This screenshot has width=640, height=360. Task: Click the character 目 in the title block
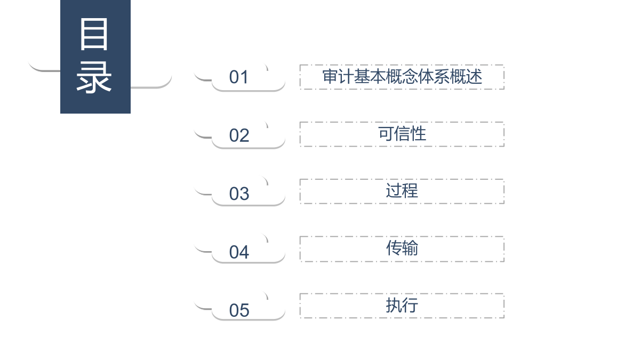tap(94, 34)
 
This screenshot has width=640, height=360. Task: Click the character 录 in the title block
tap(94, 77)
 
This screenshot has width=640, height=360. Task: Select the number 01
tap(238, 77)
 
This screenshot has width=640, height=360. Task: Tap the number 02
tap(239, 135)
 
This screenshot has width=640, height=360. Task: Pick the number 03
tap(239, 194)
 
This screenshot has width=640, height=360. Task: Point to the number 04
tap(239, 252)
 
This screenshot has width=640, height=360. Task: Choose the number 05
tap(239, 310)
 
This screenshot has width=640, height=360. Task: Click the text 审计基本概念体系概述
tap(402, 77)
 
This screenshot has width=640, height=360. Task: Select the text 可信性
tap(402, 133)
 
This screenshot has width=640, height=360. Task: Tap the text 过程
tap(402, 190)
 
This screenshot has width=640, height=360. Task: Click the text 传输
tap(402, 247)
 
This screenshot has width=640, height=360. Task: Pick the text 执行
tap(402, 305)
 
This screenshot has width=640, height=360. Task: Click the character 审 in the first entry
tap(330, 77)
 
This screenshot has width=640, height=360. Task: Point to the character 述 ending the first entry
tap(474, 77)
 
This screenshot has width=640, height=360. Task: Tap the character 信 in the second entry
tap(402, 133)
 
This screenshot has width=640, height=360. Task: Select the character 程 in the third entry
tap(410, 190)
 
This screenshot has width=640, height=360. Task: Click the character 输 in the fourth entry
tap(410, 247)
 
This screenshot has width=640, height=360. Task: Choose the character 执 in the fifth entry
tap(394, 305)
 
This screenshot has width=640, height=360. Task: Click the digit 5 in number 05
tap(245, 310)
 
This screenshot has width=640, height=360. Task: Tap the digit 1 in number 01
tap(244, 77)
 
